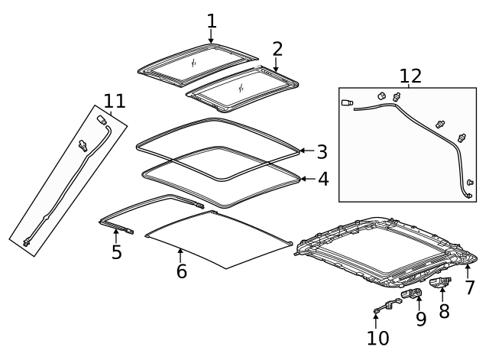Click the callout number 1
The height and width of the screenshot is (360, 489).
click(x=212, y=21)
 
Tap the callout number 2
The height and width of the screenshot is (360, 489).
click(x=277, y=49)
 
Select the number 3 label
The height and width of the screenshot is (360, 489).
click(x=322, y=152)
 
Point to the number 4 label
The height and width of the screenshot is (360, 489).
click(x=323, y=179)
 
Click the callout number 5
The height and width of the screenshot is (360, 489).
click(x=117, y=251)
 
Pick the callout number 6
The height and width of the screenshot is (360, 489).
click(x=182, y=271)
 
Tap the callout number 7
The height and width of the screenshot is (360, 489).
click(x=470, y=287)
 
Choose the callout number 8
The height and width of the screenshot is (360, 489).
click(x=444, y=311)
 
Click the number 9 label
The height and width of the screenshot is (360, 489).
click(x=421, y=319)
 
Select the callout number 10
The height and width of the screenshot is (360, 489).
click(x=378, y=338)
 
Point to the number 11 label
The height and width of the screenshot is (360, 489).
click(x=115, y=101)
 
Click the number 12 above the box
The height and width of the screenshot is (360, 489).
click(x=410, y=76)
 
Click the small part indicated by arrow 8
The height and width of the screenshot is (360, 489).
click(x=440, y=282)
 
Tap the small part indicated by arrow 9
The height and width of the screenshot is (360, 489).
click(x=412, y=294)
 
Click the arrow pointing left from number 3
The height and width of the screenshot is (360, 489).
click(x=306, y=151)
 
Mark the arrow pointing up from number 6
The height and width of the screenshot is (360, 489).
click(x=180, y=255)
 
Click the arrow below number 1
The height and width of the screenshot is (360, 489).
click(x=211, y=36)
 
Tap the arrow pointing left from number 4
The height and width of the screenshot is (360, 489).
click(x=308, y=179)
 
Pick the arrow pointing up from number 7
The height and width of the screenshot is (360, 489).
click(x=468, y=271)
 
